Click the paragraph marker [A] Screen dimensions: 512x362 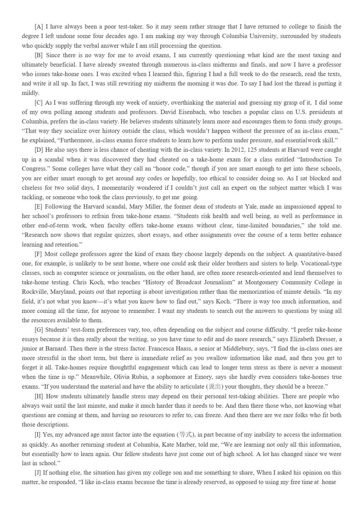pyautogui.click(x=39, y=26)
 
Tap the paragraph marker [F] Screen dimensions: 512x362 pyautogui.click(x=39, y=254)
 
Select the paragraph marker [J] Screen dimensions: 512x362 pyautogui.click(x=38, y=473)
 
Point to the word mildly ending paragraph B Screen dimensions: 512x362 pyautogui.click(x=30, y=93)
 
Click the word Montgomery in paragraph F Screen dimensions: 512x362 pyautogui.click(x=260, y=282)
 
